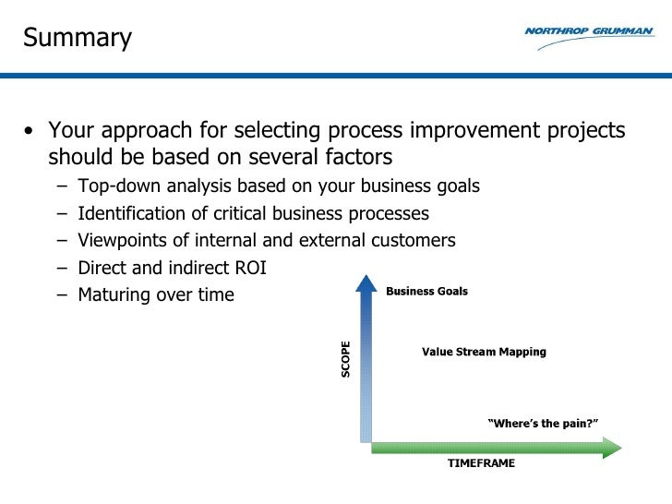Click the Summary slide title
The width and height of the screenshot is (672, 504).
78,38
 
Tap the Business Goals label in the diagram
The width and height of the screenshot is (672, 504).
426,292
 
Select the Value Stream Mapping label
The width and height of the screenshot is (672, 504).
484,352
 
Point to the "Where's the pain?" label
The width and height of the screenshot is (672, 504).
542,424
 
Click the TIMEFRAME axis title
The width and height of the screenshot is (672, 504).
481,463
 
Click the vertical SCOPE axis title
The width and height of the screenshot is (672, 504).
346,359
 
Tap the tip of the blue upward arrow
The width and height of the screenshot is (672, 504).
366,279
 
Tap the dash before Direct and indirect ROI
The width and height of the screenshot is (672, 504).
60,269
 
